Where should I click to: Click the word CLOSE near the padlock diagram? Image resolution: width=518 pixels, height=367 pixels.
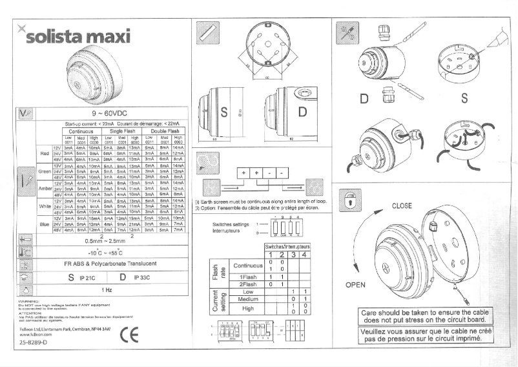pyautogui.click(x=402, y=206)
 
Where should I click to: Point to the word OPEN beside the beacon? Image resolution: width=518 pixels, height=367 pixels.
pyautogui.click(x=355, y=285)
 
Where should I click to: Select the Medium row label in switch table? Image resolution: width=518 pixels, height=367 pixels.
pyautogui.click(x=244, y=299)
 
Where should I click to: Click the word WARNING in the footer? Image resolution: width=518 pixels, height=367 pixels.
pyautogui.click(x=28, y=301)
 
